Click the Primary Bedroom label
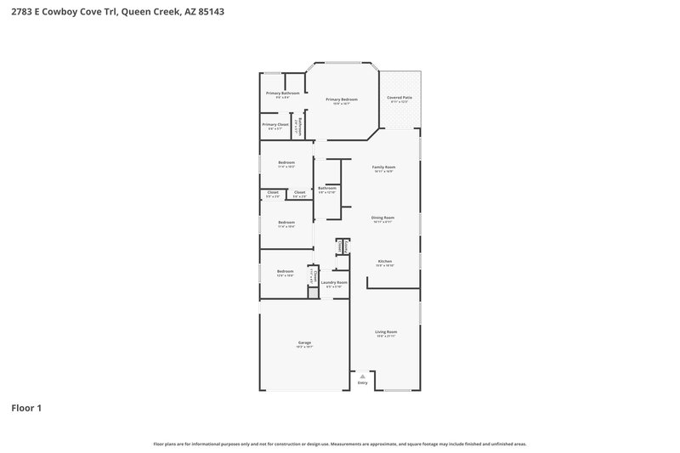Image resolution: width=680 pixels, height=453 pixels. click(341, 99)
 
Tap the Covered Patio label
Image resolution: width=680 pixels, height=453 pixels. click(399, 98)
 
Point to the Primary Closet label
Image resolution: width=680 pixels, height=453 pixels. click(275, 124)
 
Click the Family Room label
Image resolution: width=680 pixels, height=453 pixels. click(383, 167)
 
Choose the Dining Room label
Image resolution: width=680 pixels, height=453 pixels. click(382, 218)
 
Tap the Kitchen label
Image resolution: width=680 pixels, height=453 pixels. click(384, 261)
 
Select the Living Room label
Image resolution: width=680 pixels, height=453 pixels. click(387, 331)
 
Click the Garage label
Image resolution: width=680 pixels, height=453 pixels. click(304, 343)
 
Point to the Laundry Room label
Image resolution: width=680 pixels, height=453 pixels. click(334, 282)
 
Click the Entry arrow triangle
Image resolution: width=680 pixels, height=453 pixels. click(363, 375)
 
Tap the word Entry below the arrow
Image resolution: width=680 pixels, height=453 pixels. click(363, 383)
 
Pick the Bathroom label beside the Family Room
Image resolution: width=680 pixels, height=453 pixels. click(327, 188)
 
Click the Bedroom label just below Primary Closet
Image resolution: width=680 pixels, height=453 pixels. click(286, 162)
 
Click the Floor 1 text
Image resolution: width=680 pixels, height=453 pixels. click(26, 408)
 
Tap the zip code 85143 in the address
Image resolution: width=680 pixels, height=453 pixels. click(214, 13)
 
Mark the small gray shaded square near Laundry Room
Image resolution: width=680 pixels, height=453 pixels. click(313, 292)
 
